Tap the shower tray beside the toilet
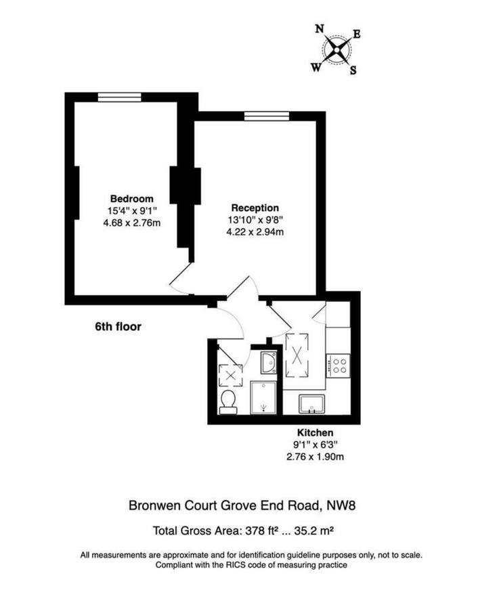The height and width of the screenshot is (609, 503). tap(263, 398)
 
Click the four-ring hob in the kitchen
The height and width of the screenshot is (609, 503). tap(338, 365)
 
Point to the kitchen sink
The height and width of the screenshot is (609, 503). tap(312, 404)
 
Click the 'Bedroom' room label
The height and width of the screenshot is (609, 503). tap(131, 198)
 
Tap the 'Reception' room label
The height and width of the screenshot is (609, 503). tap(255, 208)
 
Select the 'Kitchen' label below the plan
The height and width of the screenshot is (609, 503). tap(315, 432)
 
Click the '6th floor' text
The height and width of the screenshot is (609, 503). tap(118, 325)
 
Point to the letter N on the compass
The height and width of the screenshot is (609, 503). tap(319, 28)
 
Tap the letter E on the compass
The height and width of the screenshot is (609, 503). tap(357, 34)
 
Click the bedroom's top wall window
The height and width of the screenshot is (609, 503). tap(118, 97)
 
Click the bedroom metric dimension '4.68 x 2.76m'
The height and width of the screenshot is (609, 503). tap(131, 221)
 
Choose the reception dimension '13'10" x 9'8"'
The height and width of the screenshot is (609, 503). tap(255, 220)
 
